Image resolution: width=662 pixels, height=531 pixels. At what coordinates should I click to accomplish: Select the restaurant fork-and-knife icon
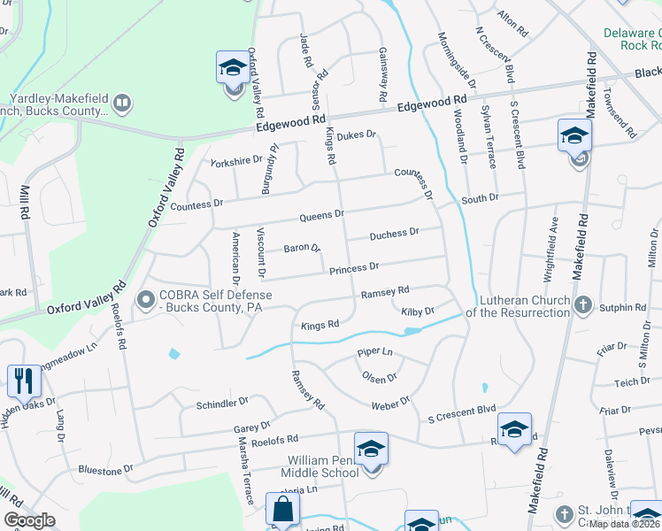point(24,381)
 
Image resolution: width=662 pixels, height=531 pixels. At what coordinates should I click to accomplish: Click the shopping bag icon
point(283,510)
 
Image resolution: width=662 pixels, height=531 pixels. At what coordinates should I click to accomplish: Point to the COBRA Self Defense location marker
point(145,302)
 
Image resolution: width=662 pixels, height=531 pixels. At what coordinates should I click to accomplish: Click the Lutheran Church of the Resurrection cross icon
point(582,305)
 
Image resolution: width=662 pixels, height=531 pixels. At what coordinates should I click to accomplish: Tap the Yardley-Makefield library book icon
point(122,104)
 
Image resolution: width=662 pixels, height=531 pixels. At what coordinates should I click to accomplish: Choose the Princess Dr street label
point(354,267)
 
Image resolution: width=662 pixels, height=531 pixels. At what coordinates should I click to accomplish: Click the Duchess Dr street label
point(394,234)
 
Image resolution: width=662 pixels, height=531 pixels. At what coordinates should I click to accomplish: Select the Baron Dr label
point(302,249)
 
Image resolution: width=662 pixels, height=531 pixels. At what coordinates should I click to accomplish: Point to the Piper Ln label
point(374,352)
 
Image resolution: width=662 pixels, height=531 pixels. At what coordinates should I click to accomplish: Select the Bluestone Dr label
point(105,469)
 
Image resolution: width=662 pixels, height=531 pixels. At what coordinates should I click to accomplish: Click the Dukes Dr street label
point(358,135)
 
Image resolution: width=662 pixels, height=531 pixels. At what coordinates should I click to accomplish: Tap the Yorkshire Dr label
point(236,160)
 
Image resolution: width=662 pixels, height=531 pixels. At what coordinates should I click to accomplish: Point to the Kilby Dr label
point(417,312)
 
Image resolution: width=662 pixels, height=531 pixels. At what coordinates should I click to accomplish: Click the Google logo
point(29,520)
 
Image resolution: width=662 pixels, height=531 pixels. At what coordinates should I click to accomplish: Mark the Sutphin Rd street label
point(622,307)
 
